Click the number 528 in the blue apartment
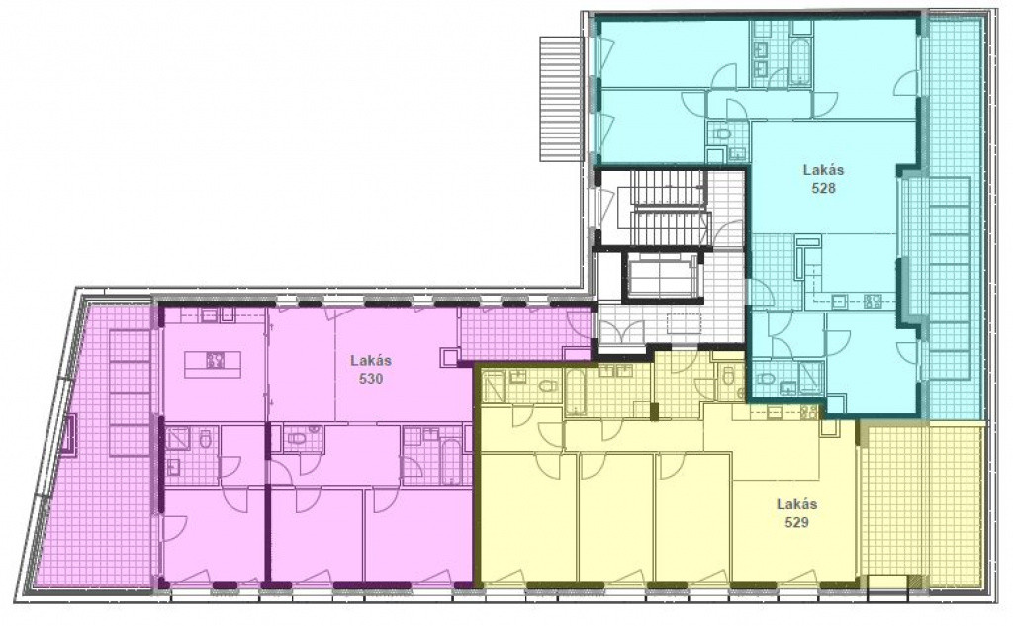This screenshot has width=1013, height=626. [x=824, y=188]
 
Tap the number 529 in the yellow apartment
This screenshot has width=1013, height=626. [x=797, y=522]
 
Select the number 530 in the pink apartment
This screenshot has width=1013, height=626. [x=371, y=379]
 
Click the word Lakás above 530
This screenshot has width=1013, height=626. [x=371, y=361]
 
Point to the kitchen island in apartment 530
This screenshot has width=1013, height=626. [x=213, y=364]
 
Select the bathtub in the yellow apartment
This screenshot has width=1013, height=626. [x=575, y=393]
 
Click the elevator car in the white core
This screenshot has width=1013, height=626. [x=664, y=277]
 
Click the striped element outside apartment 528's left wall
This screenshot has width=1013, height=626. [x=562, y=98]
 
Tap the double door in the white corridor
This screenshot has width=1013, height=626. [x=613, y=330]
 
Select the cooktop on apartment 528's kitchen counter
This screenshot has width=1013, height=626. [x=874, y=301]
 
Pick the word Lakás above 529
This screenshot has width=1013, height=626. [x=797, y=504]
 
